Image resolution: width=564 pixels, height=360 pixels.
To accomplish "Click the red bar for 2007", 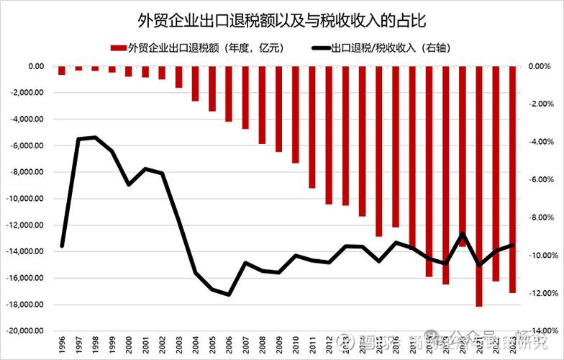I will point(245,97).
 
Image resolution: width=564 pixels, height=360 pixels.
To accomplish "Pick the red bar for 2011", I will point(312,127).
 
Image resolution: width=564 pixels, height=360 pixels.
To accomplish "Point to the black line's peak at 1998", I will point(95,137).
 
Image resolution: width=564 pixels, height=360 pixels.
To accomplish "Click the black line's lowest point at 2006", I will point(229,294).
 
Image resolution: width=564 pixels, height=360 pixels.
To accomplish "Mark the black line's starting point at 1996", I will point(62,246).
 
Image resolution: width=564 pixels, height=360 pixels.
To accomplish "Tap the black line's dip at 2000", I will point(129,184).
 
